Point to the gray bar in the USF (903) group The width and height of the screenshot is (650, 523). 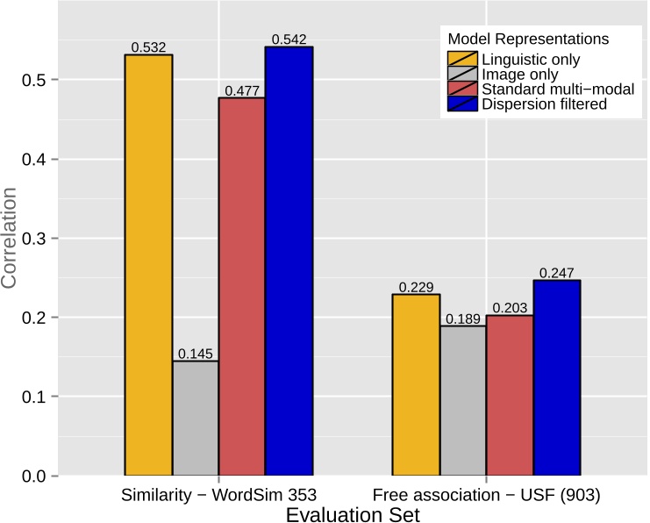(x=462, y=400)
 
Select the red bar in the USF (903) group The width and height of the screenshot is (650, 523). (x=510, y=395)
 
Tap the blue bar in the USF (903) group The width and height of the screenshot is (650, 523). (x=556, y=377)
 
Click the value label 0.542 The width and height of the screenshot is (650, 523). (x=289, y=39)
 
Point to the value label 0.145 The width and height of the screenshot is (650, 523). (x=196, y=354)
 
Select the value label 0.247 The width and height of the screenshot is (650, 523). (x=556, y=273)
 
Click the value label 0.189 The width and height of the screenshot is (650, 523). (x=462, y=319)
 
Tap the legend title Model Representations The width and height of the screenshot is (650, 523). (x=528, y=39)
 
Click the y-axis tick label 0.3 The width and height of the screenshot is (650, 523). (x=29, y=239)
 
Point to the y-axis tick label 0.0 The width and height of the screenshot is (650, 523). (x=29, y=476)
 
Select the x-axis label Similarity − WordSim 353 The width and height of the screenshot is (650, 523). (x=218, y=496)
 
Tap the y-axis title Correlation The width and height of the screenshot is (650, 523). (x=11, y=239)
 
